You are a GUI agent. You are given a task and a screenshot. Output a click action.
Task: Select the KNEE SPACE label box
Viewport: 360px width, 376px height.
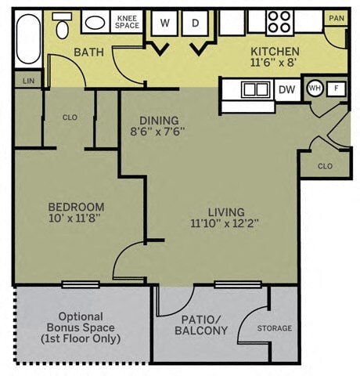pyautogui.click(x=127, y=21)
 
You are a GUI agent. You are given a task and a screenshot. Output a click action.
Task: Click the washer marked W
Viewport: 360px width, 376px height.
pyautogui.click(x=164, y=23)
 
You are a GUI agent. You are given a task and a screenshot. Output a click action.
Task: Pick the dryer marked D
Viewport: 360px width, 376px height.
pyautogui.click(x=195, y=23)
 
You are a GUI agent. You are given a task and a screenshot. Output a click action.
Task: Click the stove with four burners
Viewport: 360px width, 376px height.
pyautogui.click(x=279, y=21)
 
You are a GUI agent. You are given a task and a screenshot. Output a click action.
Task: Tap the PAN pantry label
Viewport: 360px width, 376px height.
pyautogui.click(x=336, y=18)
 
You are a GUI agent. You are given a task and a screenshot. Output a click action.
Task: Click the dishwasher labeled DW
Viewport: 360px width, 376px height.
pyautogui.click(x=286, y=89)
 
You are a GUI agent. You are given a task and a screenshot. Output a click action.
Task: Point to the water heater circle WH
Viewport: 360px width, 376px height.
pyautogui.click(x=315, y=89)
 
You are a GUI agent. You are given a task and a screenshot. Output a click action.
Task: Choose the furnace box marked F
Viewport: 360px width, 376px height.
pyautogui.click(x=336, y=89)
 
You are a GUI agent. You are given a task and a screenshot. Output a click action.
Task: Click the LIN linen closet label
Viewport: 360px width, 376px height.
pyautogui.click(x=29, y=80)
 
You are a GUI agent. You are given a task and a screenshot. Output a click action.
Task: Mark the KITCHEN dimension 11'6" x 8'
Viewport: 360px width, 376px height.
pyautogui.click(x=275, y=63)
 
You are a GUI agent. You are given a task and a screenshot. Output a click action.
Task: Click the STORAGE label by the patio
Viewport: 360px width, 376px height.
pyautogui.click(x=274, y=328)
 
